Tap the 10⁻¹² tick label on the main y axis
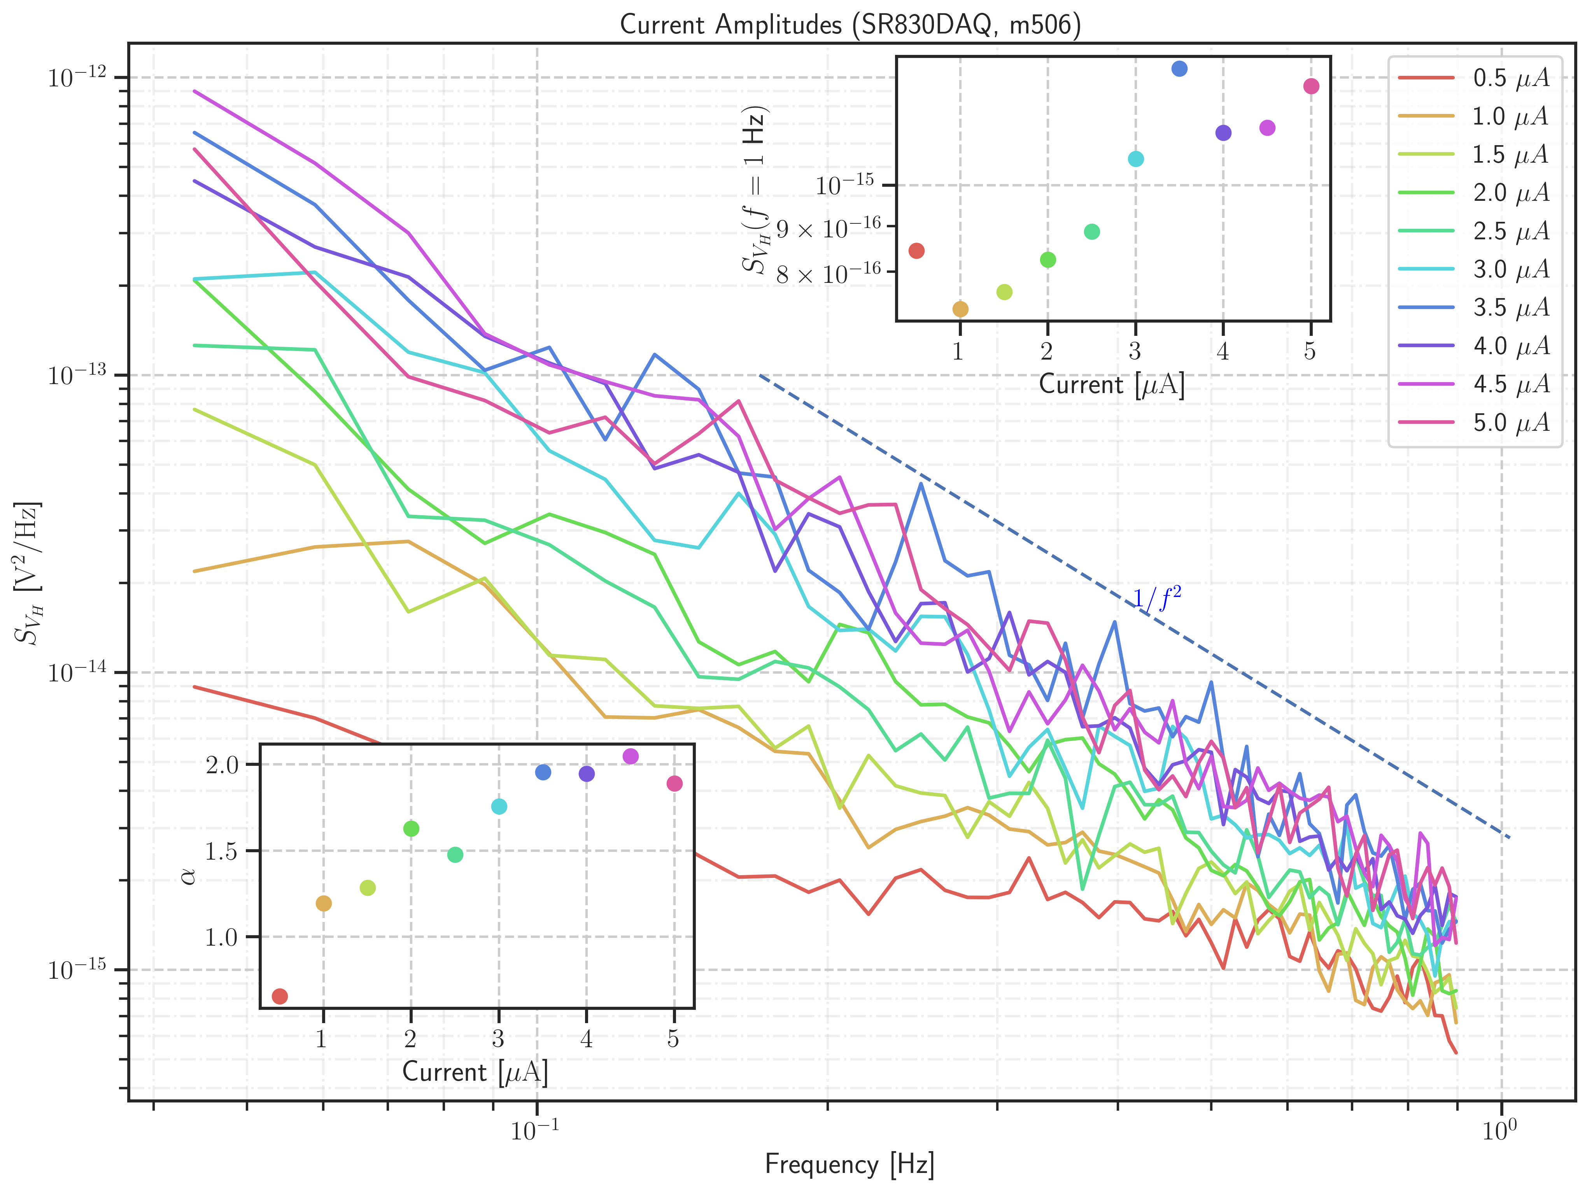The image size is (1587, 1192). [76, 77]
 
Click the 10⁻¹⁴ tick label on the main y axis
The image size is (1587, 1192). [76, 672]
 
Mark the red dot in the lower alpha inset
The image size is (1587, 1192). [280, 996]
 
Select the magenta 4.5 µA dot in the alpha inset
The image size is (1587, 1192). [631, 757]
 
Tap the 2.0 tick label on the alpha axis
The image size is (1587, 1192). [222, 765]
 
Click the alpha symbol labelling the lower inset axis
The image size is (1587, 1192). [189, 876]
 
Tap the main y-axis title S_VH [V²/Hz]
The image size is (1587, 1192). [29, 574]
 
